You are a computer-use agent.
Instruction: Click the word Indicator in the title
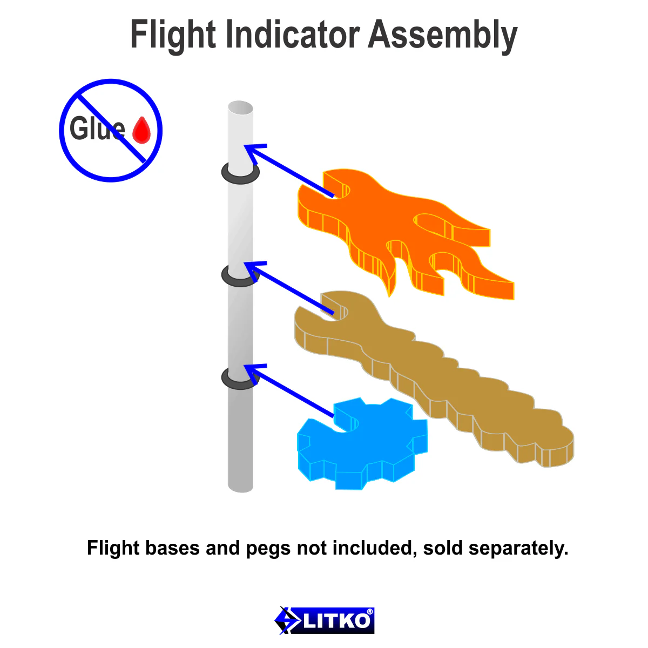[x=293, y=34]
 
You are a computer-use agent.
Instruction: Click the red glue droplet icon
[x=141, y=130]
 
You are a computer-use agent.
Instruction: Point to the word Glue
[x=97, y=128]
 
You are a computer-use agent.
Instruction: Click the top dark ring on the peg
[x=240, y=173]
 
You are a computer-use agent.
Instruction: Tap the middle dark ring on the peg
[x=240, y=276]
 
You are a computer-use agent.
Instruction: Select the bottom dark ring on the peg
[x=240, y=379]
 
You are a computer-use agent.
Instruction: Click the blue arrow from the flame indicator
[x=289, y=170]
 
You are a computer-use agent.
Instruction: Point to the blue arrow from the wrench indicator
[x=289, y=288]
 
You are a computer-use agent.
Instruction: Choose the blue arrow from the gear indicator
[x=289, y=390]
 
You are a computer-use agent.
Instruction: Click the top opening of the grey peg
[x=240, y=107]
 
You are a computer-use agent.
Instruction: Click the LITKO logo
[x=324, y=620]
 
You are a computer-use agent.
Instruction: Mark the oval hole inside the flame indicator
[x=433, y=225]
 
